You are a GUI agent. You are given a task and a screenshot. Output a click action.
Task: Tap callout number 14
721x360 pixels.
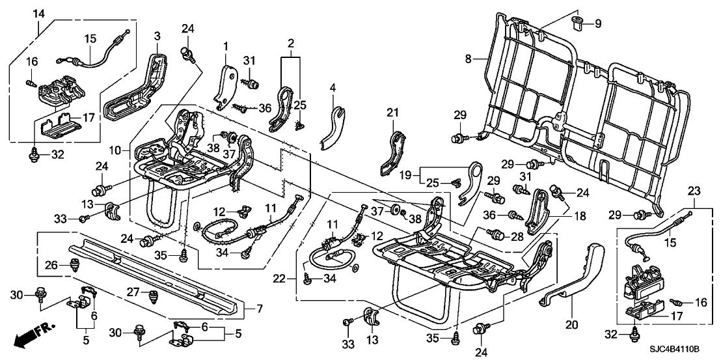pos(38,14)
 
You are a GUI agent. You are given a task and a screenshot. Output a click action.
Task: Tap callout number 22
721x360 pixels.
pos(279,278)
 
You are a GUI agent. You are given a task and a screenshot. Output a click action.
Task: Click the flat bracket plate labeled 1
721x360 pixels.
pos(226,83)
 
